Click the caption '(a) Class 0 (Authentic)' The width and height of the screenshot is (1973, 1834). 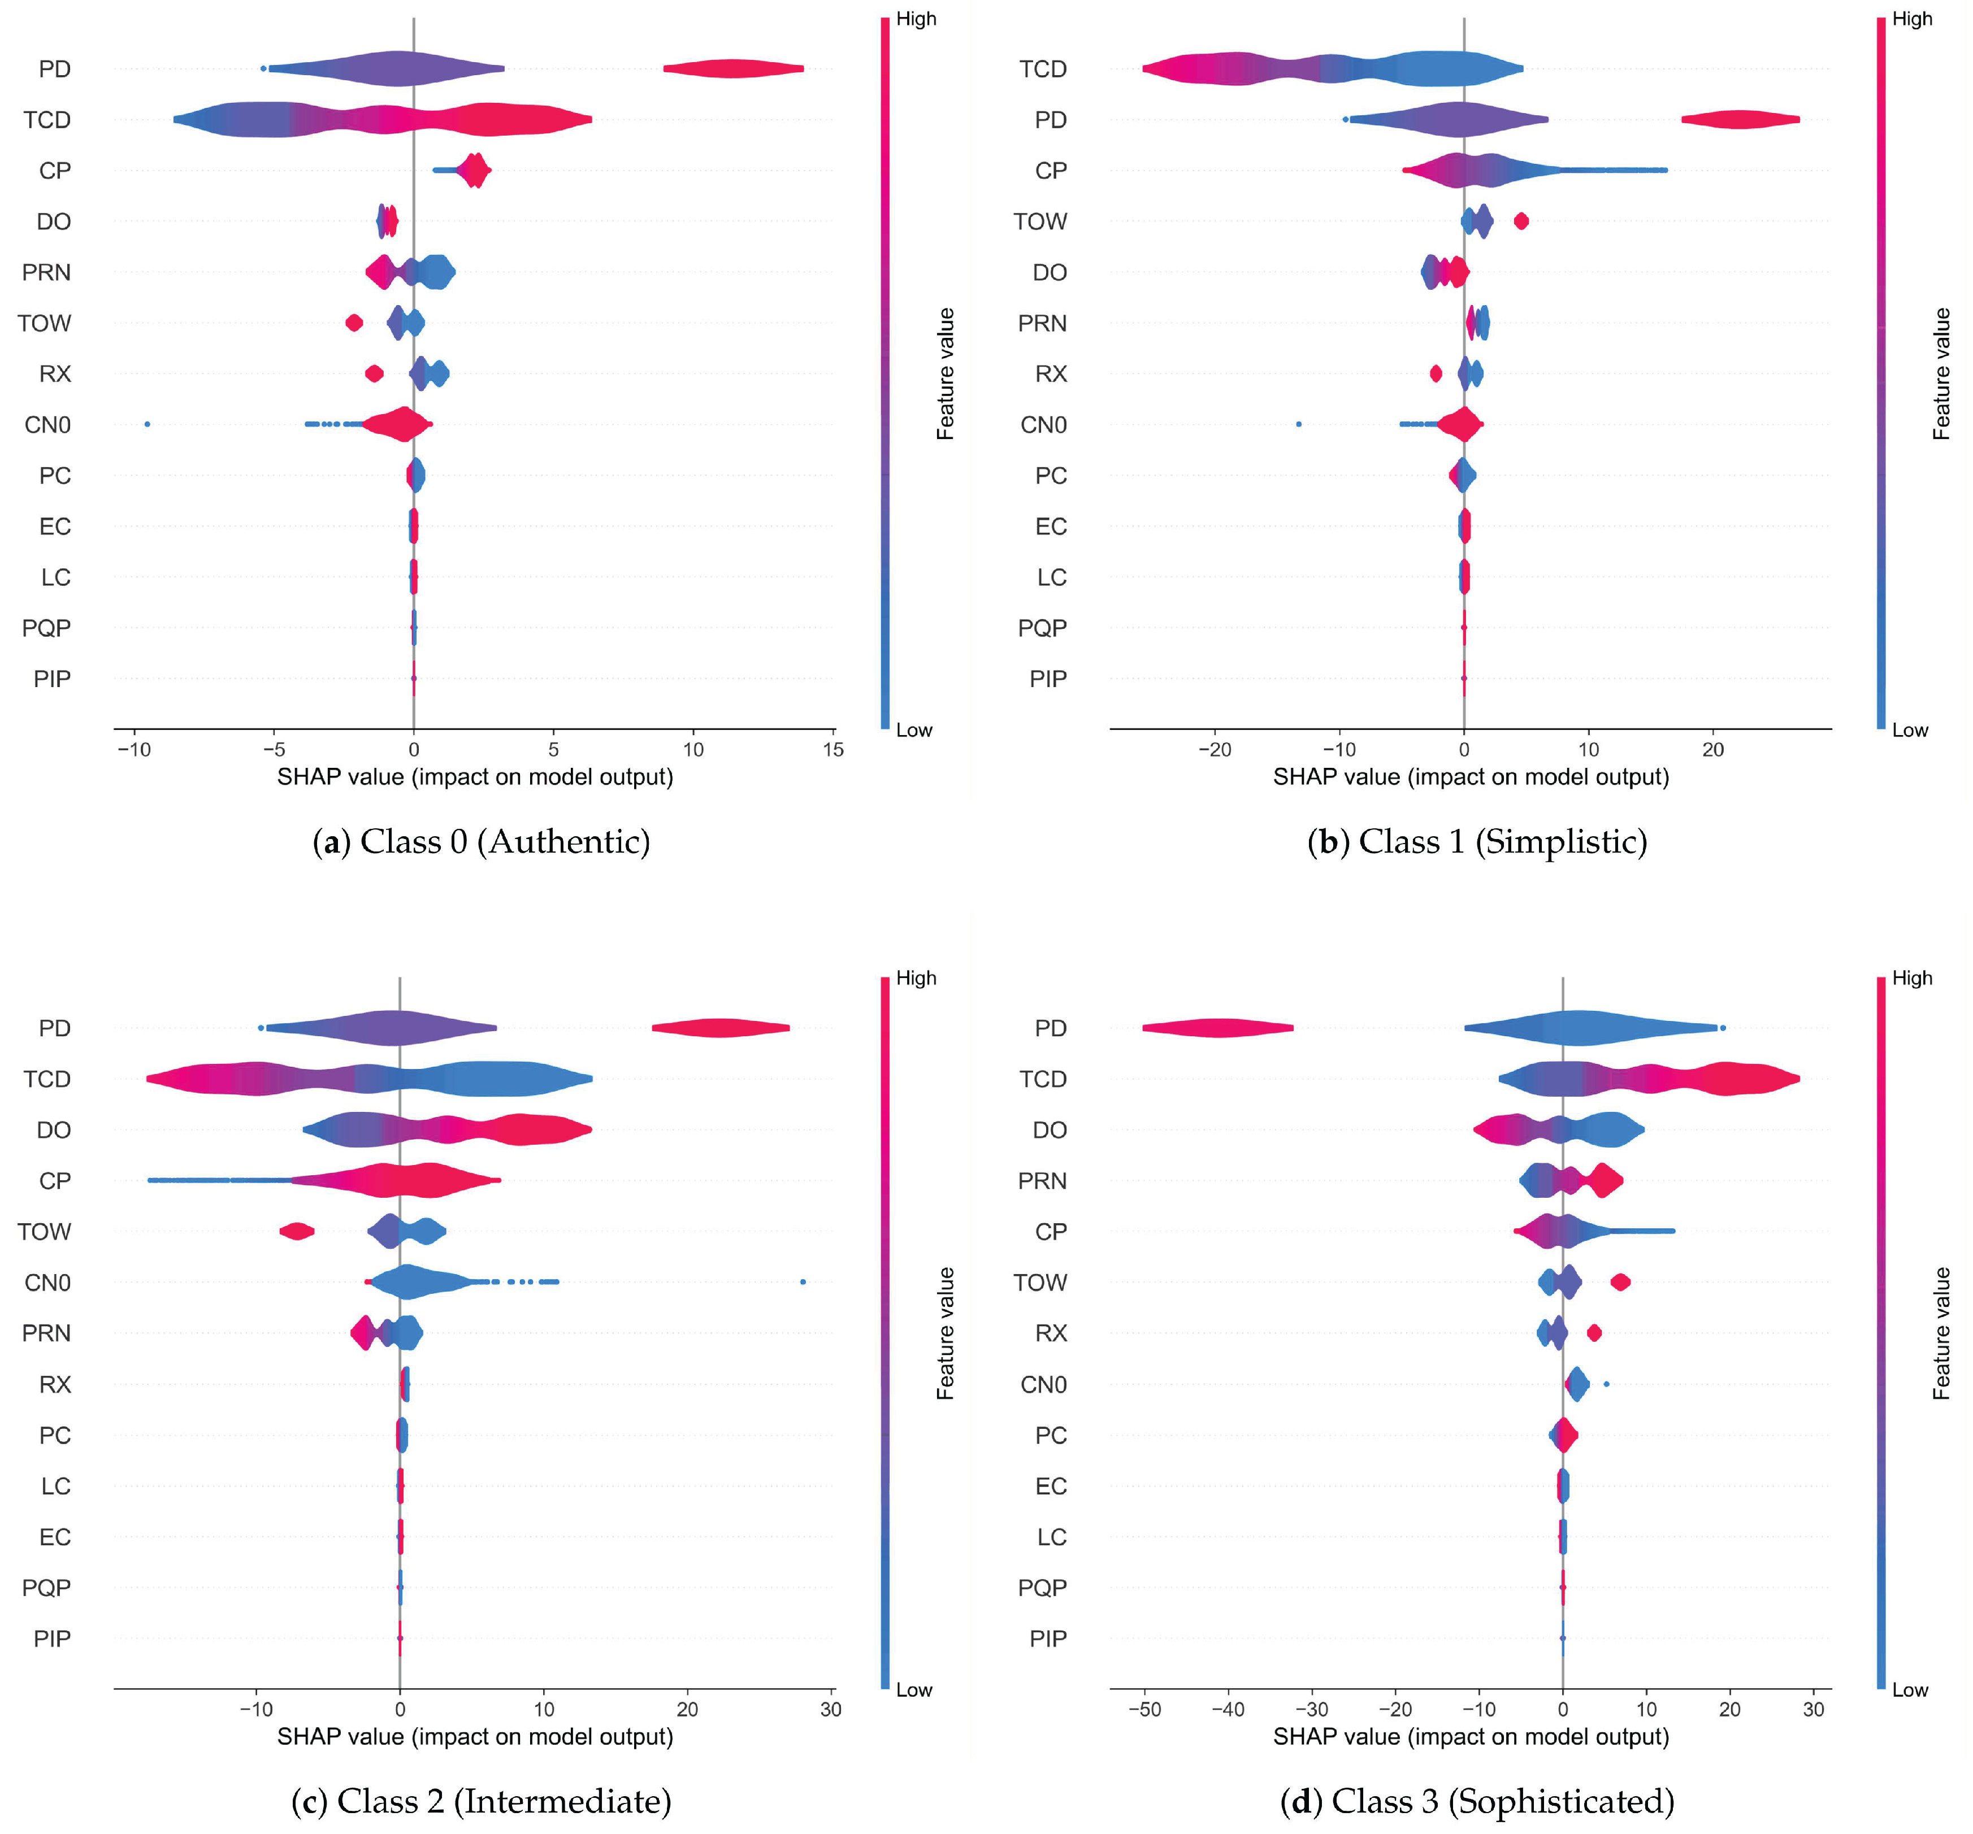[x=482, y=842]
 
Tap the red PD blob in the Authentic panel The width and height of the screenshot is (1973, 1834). [x=734, y=68]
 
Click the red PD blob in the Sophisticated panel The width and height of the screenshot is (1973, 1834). [x=1218, y=1028]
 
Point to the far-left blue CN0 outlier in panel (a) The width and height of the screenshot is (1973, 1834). [x=147, y=425]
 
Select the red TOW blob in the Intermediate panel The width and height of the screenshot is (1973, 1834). [x=297, y=1232]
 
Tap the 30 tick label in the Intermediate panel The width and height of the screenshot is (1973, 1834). [x=831, y=1710]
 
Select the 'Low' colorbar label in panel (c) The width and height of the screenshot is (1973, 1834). [x=914, y=1690]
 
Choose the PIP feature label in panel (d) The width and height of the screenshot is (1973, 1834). [x=1047, y=1639]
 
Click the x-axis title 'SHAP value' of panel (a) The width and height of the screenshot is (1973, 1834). [x=474, y=777]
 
